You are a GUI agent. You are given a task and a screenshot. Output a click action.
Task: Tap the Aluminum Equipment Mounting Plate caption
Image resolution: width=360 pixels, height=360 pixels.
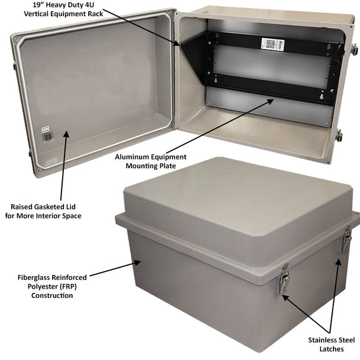[x=150, y=161]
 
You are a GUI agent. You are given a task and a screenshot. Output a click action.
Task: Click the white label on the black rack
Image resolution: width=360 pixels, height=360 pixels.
[x=271, y=44]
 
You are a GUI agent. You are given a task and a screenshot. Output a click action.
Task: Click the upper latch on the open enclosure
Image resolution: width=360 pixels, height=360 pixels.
[x=354, y=49]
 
